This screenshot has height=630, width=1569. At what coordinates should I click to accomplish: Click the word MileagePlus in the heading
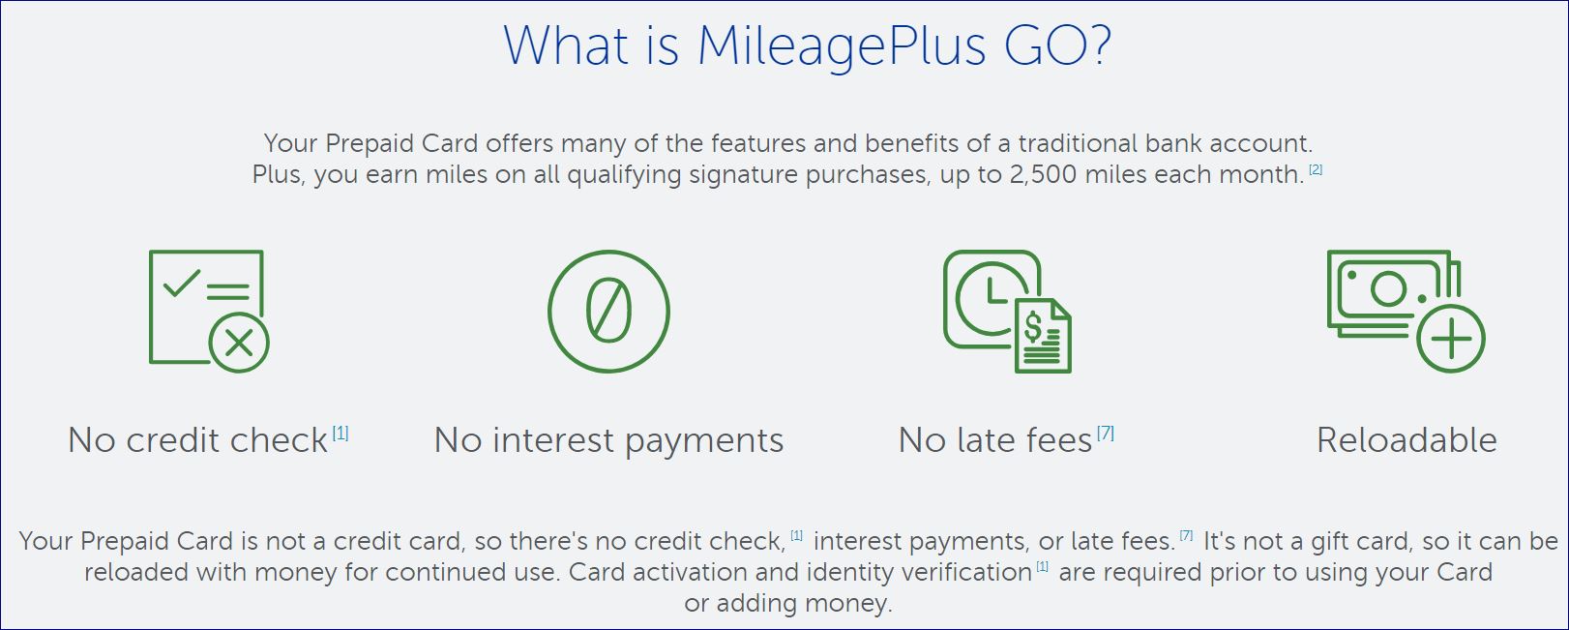coord(842,47)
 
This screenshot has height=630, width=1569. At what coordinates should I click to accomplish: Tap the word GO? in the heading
coord(1057,45)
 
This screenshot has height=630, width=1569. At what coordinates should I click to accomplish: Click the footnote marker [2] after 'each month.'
coord(1316,169)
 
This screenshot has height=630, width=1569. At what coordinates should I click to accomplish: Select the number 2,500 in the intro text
coord(1043,174)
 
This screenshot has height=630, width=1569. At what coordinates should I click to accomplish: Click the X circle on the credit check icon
coord(239,343)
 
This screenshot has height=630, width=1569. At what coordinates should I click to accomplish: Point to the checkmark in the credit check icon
coord(182,284)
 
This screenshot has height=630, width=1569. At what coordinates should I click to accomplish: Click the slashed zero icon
coord(608,312)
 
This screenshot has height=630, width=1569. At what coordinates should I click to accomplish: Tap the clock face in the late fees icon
coord(987,300)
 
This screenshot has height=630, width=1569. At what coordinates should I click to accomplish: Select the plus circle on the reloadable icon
coord(1451,339)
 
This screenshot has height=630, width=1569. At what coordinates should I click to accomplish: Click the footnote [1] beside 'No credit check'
coord(340,434)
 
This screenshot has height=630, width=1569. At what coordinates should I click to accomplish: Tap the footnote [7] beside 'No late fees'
coord(1106,434)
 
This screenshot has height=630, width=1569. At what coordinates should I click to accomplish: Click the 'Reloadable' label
coord(1406,440)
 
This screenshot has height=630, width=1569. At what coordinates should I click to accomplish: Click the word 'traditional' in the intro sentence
coord(1078,143)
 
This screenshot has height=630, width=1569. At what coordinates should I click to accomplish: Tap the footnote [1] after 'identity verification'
coord(1042,566)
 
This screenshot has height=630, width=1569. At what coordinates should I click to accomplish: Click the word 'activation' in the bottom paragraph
coord(690,572)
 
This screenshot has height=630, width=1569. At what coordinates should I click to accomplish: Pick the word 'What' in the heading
coord(566,46)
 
